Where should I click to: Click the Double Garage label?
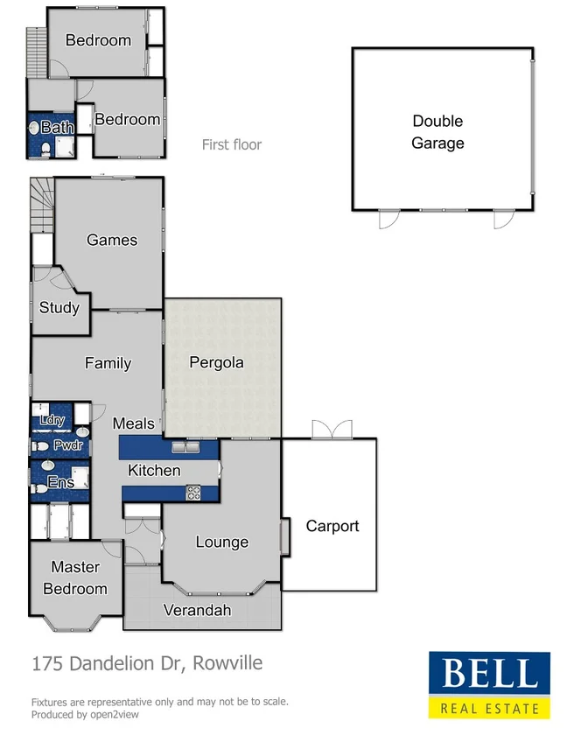[x=437, y=132]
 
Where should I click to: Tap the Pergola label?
[x=216, y=362]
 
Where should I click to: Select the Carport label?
[x=332, y=526]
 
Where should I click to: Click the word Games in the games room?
[x=112, y=240]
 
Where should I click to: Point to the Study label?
[x=59, y=307]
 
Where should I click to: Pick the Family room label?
[x=108, y=363]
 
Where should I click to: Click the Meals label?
[x=133, y=423]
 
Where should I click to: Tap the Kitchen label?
[x=154, y=470]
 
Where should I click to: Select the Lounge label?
[x=221, y=542]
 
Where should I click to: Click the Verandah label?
[x=197, y=609]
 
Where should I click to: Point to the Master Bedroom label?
[x=75, y=577]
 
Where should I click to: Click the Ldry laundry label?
[x=52, y=420]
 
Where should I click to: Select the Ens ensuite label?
[x=60, y=482]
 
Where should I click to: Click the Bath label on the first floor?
[x=58, y=128]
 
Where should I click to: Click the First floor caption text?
[x=232, y=144]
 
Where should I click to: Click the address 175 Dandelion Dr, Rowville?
[x=146, y=663]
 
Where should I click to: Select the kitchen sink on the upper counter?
[x=185, y=448]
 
